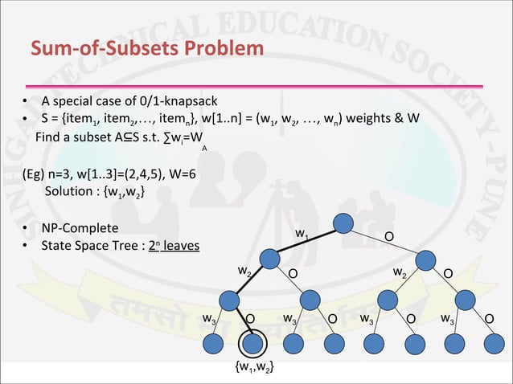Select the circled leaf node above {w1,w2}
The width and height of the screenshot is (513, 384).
pyautogui.click(x=253, y=344)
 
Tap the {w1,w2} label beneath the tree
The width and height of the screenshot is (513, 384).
pyautogui.click(x=253, y=368)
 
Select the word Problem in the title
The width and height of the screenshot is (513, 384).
pyautogui.click(x=227, y=50)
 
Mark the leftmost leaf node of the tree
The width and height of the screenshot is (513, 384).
pyautogui.click(x=215, y=344)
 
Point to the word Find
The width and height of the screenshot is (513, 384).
pyautogui.click(x=49, y=137)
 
